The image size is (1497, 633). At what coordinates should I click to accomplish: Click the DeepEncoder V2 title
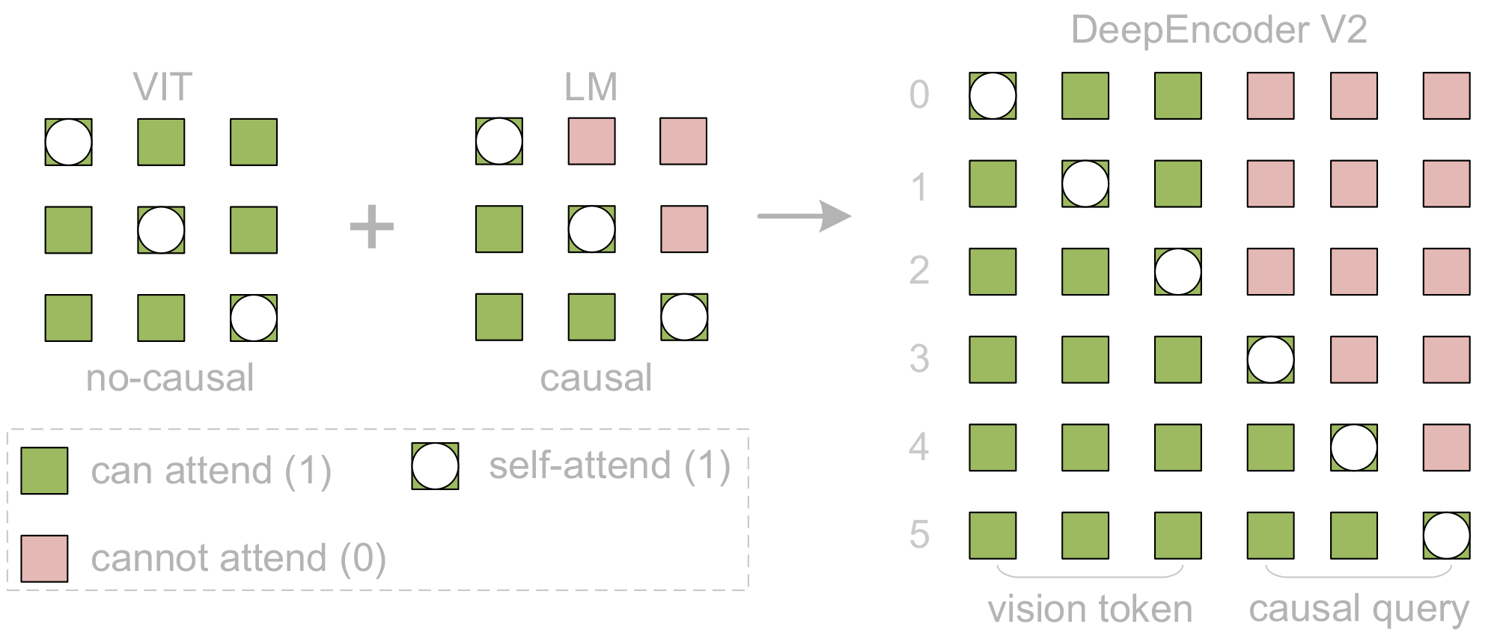(x=1219, y=31)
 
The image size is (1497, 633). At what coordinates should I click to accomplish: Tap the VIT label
(x=162, y=88)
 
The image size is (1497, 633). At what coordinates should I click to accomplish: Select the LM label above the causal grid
(x=591, y=88)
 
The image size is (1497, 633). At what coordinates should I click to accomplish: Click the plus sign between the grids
(x=372, y=227)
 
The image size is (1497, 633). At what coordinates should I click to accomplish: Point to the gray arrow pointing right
(x=804, y=216)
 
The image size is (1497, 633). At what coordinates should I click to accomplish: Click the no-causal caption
(x=170, y=378)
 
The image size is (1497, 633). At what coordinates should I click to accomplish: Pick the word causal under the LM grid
(x=596, y=378)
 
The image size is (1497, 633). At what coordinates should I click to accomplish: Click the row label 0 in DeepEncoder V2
(x=919, y=95)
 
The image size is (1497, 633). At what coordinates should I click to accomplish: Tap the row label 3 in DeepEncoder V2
(x=919, y=359)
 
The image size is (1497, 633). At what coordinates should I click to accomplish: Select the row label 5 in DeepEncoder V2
(x=919, y=535)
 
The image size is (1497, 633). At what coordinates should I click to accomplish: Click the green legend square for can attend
(x=44, y=471)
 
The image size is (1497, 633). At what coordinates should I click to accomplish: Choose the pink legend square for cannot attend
(x=44, y=558)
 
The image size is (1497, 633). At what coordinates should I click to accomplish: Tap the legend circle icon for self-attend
(x=435, y=466)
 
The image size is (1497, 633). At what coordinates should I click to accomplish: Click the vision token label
(x=1090, y=609)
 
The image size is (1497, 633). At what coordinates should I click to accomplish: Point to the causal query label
(x=1359, y=609)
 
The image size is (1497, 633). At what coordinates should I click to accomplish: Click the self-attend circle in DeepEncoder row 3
(x=1270, y=359)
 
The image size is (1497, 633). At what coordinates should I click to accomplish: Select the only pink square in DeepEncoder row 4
(x=1446, y=447)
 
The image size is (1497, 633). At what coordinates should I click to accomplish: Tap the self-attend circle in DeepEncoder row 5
(x=1446, y=535)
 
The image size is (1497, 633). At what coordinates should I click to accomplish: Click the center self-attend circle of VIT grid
(x=161, y=230)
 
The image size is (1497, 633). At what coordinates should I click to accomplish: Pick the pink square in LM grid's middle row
(x=684, y=229)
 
